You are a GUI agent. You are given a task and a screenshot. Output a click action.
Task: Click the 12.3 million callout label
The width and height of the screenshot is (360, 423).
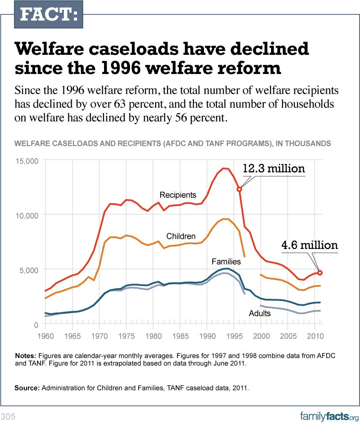point(273,168)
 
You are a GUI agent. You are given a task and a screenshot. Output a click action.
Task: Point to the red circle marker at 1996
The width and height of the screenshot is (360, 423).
point(239,189)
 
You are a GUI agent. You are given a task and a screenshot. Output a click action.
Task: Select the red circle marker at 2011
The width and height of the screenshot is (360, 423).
point(320,272)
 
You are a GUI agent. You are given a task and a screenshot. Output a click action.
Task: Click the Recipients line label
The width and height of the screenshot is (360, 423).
point(177,195)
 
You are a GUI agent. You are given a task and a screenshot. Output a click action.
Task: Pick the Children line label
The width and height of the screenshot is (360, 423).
point(181,236)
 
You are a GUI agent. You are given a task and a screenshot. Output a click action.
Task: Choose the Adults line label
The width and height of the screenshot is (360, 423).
point(260,313)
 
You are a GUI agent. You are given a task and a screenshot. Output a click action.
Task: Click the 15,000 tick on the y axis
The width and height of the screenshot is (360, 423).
point(27,161)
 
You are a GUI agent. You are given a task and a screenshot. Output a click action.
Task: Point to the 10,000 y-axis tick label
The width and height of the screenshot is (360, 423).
point(27,215)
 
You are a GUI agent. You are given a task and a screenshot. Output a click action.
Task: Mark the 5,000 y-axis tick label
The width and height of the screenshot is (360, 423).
point(29,270)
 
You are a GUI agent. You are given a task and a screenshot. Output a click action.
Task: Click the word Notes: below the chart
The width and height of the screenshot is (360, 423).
point(26,355)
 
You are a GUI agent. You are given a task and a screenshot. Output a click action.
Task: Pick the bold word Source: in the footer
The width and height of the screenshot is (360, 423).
point(27,388)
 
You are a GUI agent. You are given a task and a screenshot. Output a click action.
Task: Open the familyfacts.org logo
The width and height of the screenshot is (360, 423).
point(329,416)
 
